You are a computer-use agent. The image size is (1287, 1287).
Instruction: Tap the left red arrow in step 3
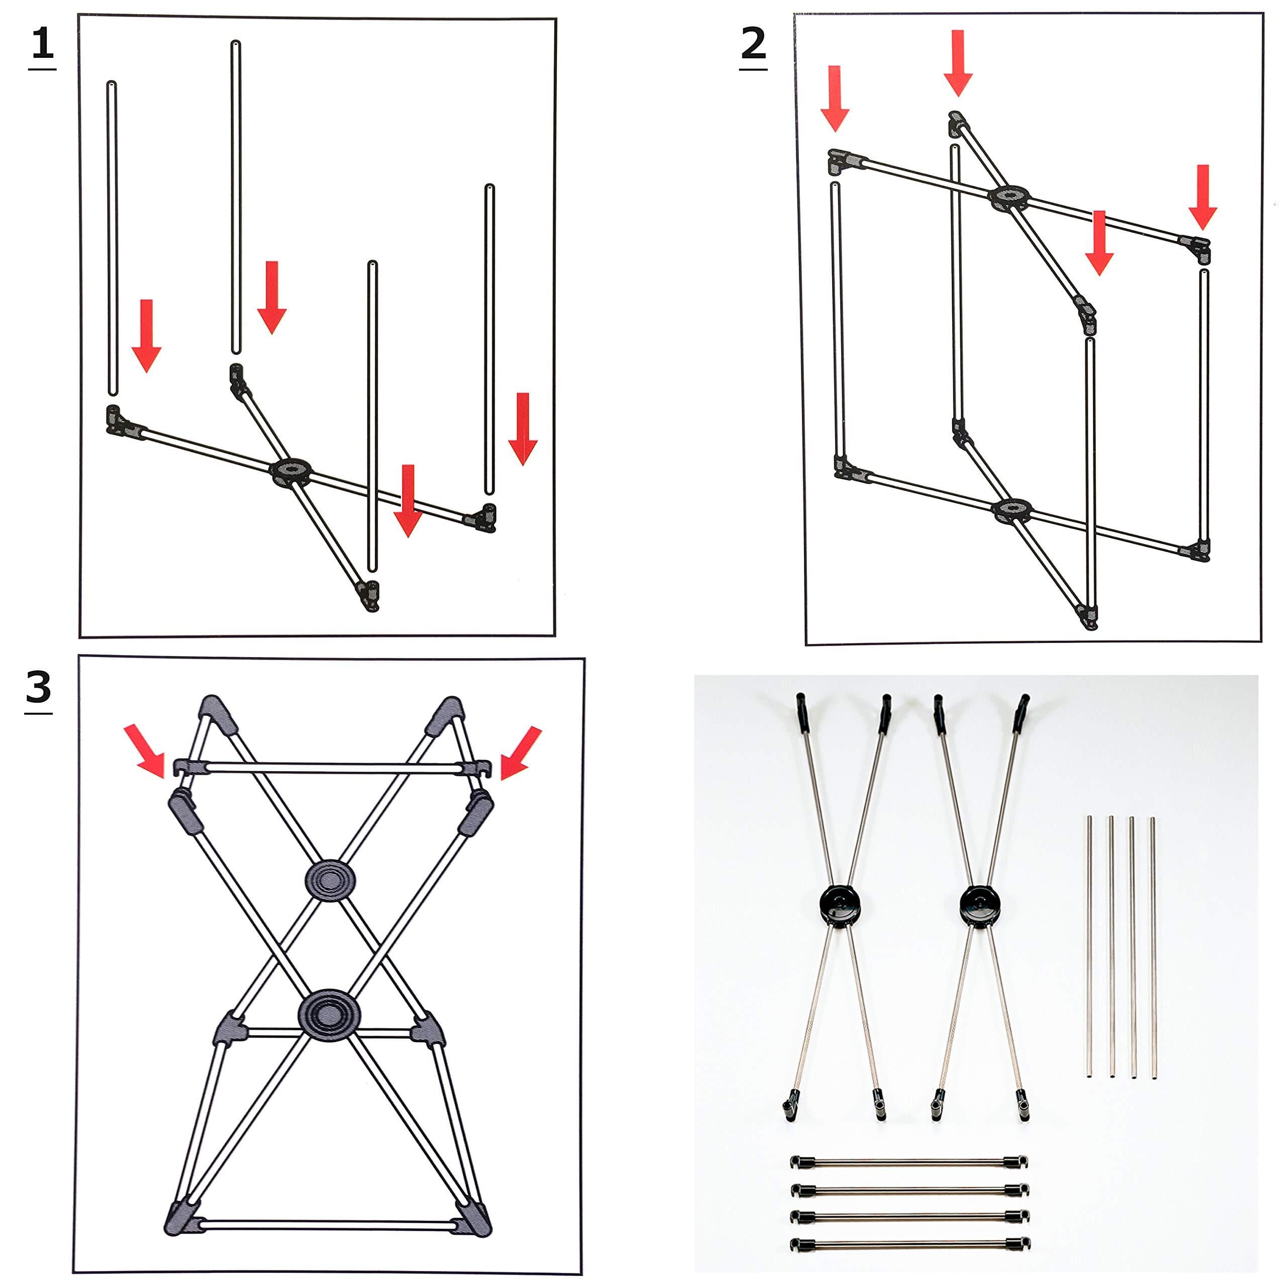[x=145, y=751]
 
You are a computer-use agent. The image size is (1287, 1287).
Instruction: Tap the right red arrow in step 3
[x=520, y=752]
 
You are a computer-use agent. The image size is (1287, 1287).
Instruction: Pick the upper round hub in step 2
[x=1008, y=197]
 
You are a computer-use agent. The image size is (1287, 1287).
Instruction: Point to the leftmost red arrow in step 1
[x=146, y=336]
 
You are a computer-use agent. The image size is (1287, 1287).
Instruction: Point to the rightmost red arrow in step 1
[x=523, y=428]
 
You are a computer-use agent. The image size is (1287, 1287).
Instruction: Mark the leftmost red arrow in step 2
[x=835, y=98]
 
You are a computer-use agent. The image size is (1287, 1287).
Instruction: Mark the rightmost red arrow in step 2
[x=1203, y=197]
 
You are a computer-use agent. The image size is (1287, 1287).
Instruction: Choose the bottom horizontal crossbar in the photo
[x=910, y=1244]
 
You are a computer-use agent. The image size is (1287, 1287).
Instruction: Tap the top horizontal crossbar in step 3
[x=332, y=768]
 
